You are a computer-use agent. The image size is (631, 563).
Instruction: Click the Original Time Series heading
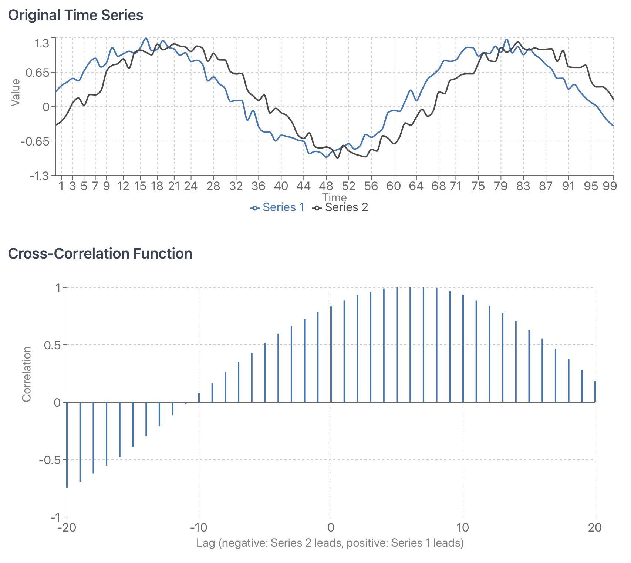pos(75,15)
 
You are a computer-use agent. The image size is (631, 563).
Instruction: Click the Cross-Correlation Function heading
pos(100,254)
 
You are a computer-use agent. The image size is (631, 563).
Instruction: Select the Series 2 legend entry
pos(340,207)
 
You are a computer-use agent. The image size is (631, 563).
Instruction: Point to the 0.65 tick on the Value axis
pos(37,72)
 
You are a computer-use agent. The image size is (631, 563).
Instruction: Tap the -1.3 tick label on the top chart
pos(39,176)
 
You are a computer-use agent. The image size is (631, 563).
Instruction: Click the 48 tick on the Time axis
pos(326,186)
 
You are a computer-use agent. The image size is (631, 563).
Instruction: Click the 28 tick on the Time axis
pos(213,186)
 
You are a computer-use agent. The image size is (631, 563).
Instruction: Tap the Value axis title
pos(15,93)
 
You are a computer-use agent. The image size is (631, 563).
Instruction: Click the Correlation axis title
pos(26,374)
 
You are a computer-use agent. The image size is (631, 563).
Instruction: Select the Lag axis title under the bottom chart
pos(330,543)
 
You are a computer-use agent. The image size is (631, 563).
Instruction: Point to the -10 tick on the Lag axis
pos(199,527)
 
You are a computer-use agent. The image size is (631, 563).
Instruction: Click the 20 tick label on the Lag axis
pos(595,527)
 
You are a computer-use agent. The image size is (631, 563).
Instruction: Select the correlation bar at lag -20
pos(67,444)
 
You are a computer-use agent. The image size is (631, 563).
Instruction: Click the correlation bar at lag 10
pos(463,348)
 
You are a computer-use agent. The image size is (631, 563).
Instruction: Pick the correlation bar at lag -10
pos(199,398)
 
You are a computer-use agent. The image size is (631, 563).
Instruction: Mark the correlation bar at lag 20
pos(595,392)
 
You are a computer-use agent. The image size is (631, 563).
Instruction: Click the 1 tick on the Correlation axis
pos(57,288)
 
